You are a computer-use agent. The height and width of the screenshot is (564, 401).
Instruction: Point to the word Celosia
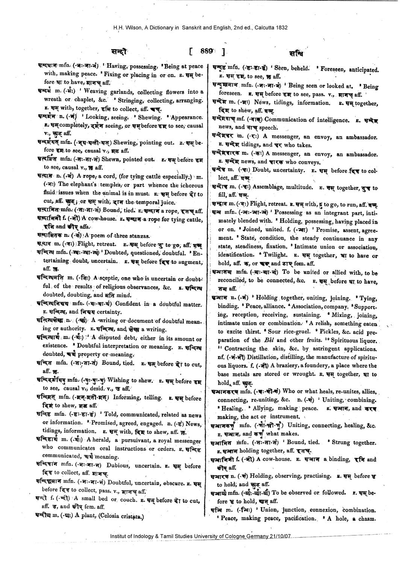[109, 516]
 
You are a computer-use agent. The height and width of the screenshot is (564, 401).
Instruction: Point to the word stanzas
[139, 236]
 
